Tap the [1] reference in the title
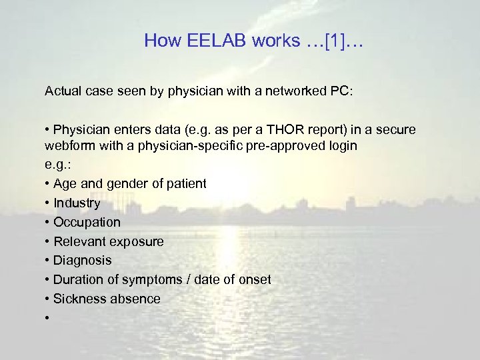(x=333, y=41)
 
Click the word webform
(x=71, y=145)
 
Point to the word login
(x=341, y=145)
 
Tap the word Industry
(x=77, y=203)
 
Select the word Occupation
(x=87, y=222)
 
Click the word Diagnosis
(x=82, y=260)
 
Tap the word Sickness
(x=79, y=299)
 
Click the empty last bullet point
(x=47, y=319)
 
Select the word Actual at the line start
(x=63, y=91)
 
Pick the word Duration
(x=78, y=279)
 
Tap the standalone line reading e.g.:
(x=57, y=165)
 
